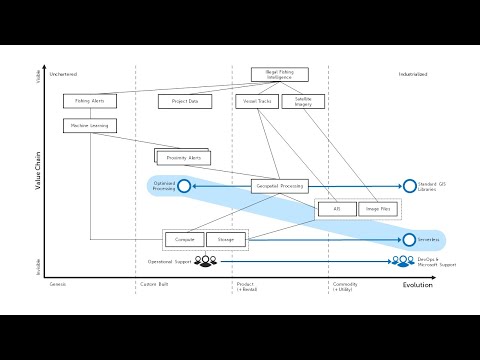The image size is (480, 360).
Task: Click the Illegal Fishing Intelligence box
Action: [x=279, y=74]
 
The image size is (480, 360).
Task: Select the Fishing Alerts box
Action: [x=90, y=101]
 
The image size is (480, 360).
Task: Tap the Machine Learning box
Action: [x=90, y=126]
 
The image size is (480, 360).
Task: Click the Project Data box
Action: [x=185, y=101]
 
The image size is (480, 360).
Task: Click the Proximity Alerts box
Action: [x=184, y=158]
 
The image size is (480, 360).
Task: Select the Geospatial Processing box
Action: [x=279, y=186]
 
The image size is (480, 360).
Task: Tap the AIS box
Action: [x=336, y=209]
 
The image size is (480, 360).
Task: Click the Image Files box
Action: [x=379, y=209]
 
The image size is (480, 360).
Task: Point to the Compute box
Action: [x=184, y=240]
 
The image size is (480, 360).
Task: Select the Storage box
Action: [x=226, y=240]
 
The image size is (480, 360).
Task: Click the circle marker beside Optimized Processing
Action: [x=184, y=186]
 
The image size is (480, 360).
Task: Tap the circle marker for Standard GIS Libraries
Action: [x=409, y=186]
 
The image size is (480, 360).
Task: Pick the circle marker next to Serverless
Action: [x=409, y=240]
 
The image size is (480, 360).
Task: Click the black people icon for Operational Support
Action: [x=205, y=261]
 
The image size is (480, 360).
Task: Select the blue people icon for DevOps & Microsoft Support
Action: [x=403, y=262]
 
